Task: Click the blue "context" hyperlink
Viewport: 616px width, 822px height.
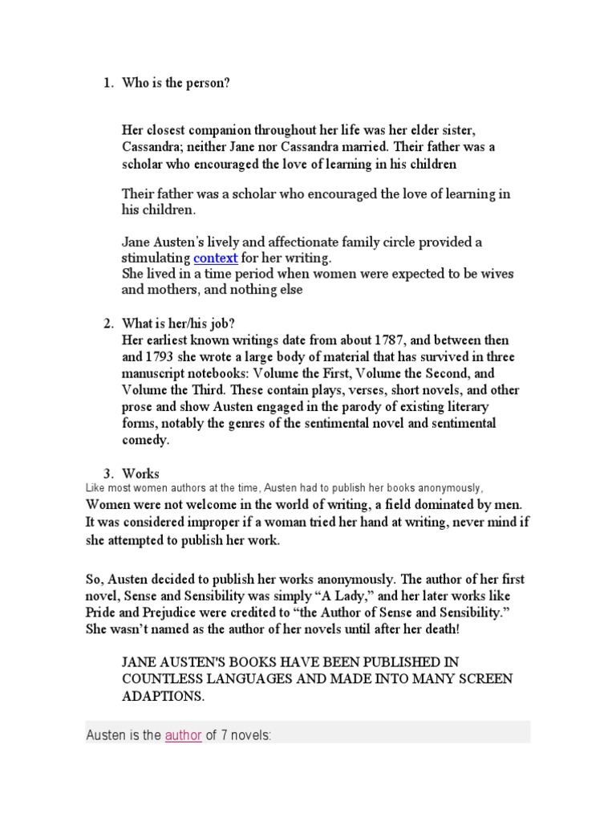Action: pos(216,258)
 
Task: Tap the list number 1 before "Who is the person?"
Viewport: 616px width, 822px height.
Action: pos(107,83)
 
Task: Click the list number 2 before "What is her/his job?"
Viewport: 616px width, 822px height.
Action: pos(107,324)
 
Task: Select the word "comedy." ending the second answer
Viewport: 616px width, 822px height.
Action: pos(146,440)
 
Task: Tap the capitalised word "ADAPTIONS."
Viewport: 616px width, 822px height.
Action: pos(163,696)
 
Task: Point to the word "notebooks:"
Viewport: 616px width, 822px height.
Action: pos(222,373)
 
